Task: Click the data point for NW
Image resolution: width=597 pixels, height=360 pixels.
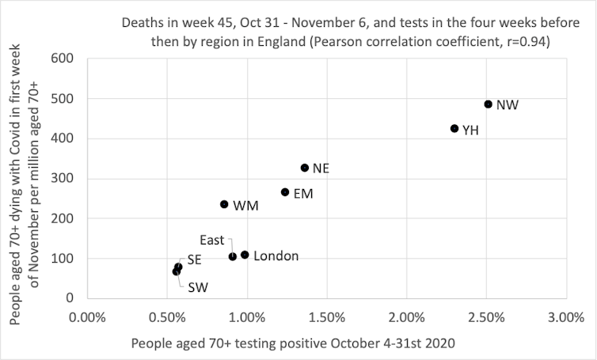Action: pyautogui.click(x=488, y=104)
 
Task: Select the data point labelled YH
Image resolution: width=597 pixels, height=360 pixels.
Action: pyautogui.click(x=454, y=128)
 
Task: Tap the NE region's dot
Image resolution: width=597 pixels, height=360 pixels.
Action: pyautogui.click(x=305, y=168)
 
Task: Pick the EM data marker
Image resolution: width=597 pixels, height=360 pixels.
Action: pyautogui.click(x=285, y=192)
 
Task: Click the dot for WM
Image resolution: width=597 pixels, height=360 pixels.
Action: pyautogui.click(x=224, y=204)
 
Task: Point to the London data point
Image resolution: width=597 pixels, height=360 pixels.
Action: pyautogui.click(x=245, y=255)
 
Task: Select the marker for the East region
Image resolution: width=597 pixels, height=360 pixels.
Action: pyautogui.click(x=233, y=256)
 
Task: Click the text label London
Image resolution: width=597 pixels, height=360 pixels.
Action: pyautogui.click(x=276, y=256)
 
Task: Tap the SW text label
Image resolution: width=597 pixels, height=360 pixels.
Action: pyautogui.click(x=198, y=287)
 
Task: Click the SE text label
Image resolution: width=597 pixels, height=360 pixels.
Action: pyautogui.click(x=194, y=260)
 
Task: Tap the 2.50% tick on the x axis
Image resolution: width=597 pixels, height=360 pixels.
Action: pyautogui.click(x=486, y=317)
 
